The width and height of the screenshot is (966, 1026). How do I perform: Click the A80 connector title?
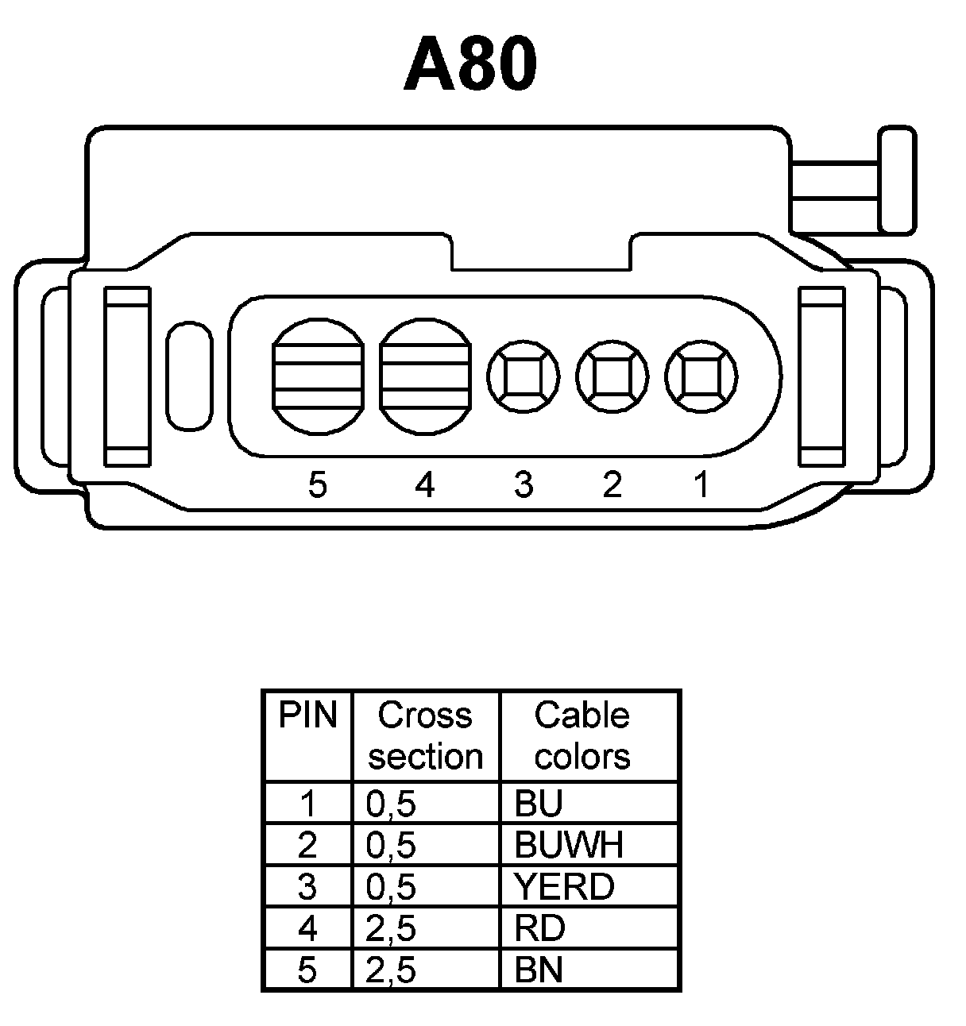coord(470,64)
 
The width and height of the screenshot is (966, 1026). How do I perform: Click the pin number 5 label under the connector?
coord(318,484)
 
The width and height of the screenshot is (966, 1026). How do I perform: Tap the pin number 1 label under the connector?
coord(701,484)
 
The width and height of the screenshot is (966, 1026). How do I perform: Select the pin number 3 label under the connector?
coord(523,484)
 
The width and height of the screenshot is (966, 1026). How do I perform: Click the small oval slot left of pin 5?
coord(190,376)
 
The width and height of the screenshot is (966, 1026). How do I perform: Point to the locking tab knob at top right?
coord(897,180)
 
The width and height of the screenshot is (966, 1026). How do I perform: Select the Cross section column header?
coord(426,736)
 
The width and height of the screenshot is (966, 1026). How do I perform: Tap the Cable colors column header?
coord(582,736)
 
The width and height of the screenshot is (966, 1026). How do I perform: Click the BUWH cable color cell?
coord(569,845)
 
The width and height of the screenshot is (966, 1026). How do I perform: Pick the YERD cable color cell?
coord(564,886)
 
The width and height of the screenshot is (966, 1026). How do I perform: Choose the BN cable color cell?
coord(539,970)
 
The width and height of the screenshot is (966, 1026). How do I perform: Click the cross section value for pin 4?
coord(391,928)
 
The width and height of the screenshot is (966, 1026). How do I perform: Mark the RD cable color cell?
coord(539,928)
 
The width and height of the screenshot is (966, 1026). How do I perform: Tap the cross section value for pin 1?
coord(391,804)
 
